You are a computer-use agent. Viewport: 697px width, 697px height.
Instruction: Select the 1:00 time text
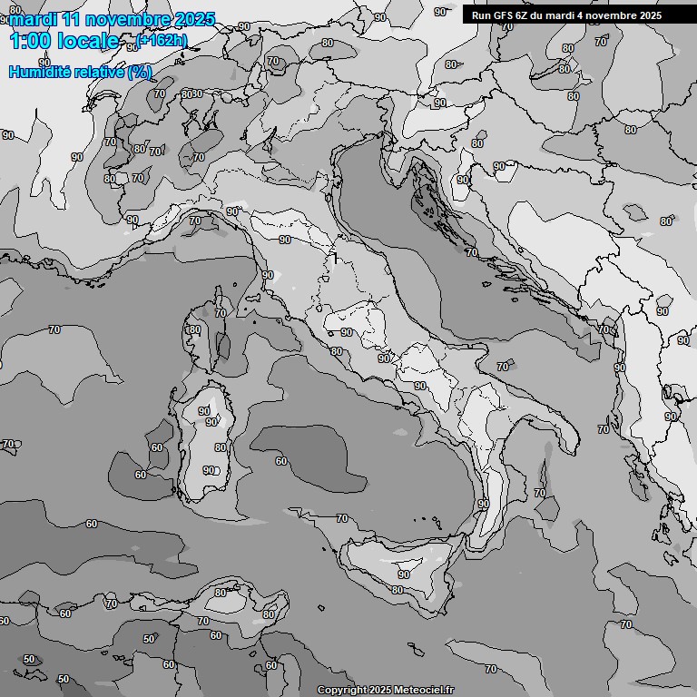point(29,41)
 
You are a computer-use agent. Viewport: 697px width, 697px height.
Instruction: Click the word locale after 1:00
point(88,41)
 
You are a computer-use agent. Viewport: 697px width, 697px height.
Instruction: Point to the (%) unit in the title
point(139,73)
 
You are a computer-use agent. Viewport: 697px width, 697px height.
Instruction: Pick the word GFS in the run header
point(502,15)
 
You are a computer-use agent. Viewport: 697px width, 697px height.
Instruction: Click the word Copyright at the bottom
point(343,691)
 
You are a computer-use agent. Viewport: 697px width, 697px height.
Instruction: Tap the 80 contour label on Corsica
point(194,330)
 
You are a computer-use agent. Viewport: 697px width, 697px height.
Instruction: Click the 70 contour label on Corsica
point(221,313)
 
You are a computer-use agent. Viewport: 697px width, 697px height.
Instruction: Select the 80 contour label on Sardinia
point(221,447)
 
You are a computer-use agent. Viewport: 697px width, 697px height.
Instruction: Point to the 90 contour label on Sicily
point(403,574)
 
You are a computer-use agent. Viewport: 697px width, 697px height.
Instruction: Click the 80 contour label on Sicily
point(398,590)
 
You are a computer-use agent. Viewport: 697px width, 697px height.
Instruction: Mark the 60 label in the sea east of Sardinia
point(281,461)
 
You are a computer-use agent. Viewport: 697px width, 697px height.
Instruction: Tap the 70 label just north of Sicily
point(341,518)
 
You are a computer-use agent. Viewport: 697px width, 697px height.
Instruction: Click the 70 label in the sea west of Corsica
point(54,329)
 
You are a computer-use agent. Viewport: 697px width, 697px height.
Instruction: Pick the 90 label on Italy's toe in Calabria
point(483,504)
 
